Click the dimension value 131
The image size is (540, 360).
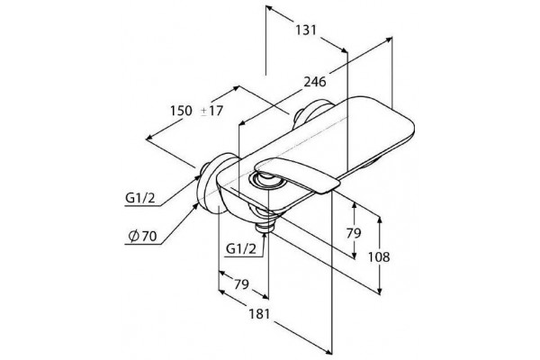tap(306, 30)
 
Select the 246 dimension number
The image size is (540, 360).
tap(314, 82)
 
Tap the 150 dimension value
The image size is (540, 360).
tap(181, 111)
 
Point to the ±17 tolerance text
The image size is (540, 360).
tap(212, 111)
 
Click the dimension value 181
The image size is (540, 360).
tap(259, 314)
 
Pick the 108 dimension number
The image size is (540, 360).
tap(379, 257)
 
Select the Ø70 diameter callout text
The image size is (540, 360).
tap(142, 237)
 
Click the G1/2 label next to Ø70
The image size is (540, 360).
tap(140, 198)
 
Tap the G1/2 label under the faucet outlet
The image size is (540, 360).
tap(241, 248)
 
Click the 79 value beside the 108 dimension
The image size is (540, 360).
tap(354, 233)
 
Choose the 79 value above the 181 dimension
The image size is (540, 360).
tap(241, 284)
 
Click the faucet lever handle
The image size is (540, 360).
tap(297, 175)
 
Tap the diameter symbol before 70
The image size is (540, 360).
tap(133, 237)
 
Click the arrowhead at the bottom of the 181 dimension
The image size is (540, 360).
tap(328, 352)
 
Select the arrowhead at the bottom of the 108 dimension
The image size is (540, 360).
tap(380, 292)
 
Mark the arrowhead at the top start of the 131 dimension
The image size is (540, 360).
tap(269, 8)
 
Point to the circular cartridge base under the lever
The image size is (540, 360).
tap(265, 180)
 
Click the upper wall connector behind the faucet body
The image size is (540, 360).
tap(311, 114)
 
